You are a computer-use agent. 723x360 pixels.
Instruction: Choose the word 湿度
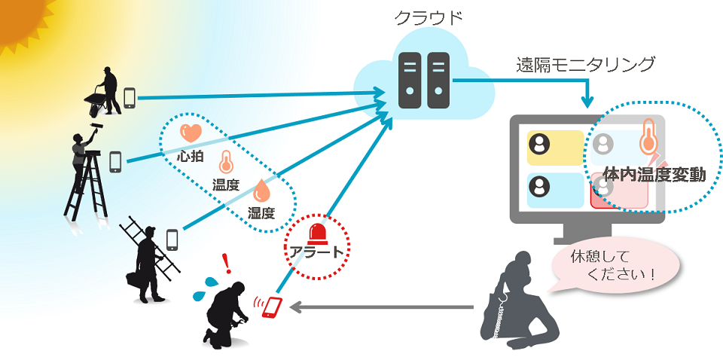262,213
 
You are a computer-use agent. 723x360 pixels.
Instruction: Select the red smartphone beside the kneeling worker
272,307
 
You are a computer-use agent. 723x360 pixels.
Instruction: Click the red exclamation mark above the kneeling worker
226,264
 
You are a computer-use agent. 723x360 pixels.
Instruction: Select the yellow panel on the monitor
555,148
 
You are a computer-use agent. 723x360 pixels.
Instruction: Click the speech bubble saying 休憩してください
617,266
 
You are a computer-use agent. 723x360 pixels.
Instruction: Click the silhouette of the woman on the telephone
520,301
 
